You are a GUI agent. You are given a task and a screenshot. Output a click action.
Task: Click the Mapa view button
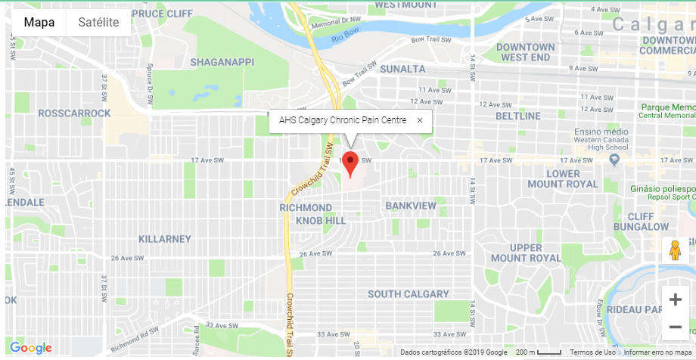click(39, 22)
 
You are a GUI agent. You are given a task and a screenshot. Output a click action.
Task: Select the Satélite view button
click(98, 22)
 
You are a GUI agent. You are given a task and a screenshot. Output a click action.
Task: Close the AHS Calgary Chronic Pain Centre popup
click(420, 120)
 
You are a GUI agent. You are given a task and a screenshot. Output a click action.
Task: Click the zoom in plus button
click(675, 299)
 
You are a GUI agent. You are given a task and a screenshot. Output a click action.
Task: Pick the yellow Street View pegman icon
click(675, 250)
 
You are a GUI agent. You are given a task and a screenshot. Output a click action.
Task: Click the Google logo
click(31, 348)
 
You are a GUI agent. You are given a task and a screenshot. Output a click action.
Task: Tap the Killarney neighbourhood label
click(165, 239)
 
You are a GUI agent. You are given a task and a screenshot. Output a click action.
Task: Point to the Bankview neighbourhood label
click(411, 206)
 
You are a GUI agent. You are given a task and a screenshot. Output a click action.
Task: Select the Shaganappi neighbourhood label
click(222, 62)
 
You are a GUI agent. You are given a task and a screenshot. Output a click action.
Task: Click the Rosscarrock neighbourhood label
click(75, 113)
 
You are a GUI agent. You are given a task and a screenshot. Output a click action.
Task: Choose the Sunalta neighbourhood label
click(403, 69)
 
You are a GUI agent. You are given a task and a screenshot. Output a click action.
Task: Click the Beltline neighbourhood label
click(518, 116)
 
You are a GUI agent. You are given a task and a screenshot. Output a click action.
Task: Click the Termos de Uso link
click(592, 352)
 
